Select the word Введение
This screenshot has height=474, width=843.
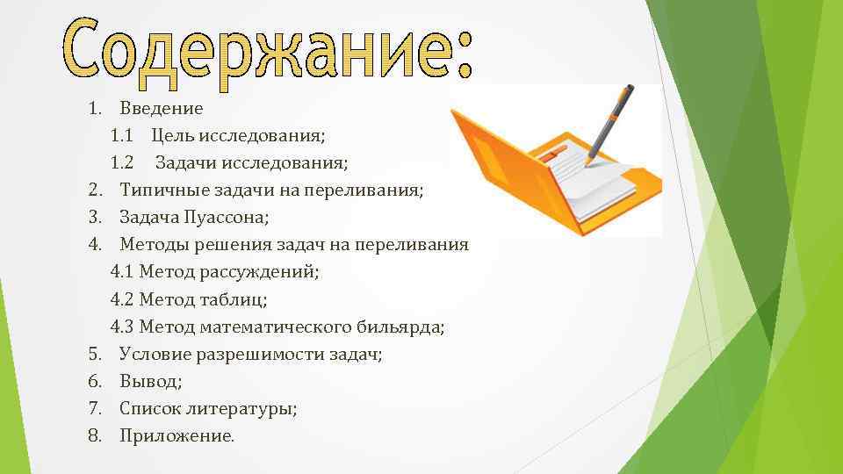click(x=162, y=109)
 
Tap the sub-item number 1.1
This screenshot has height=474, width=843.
click(x=122, y=136)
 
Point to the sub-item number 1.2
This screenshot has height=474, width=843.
click(x=122, y=163)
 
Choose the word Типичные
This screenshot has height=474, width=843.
click(x=156, y=190)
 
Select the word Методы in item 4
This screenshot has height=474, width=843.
click(x=150, y=245)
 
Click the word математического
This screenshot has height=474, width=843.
click(x=276, y=327)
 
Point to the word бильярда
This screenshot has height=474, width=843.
click(x=400, y=327)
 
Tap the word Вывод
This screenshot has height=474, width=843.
click(x=151, y=382)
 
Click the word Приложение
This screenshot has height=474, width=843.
click(x=176, y=436)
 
